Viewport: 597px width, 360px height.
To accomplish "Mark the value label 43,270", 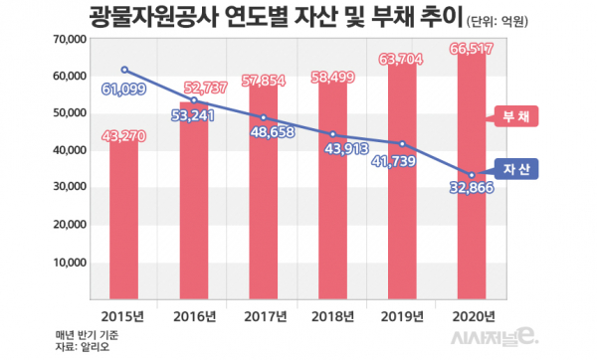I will pyautogui.click(x=125, y=148).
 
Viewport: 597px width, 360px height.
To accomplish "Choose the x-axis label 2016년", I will pyautogui.click(x=194, y=315).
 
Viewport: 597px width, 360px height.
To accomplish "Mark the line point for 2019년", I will pyautogui.click(x=402, y=143).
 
